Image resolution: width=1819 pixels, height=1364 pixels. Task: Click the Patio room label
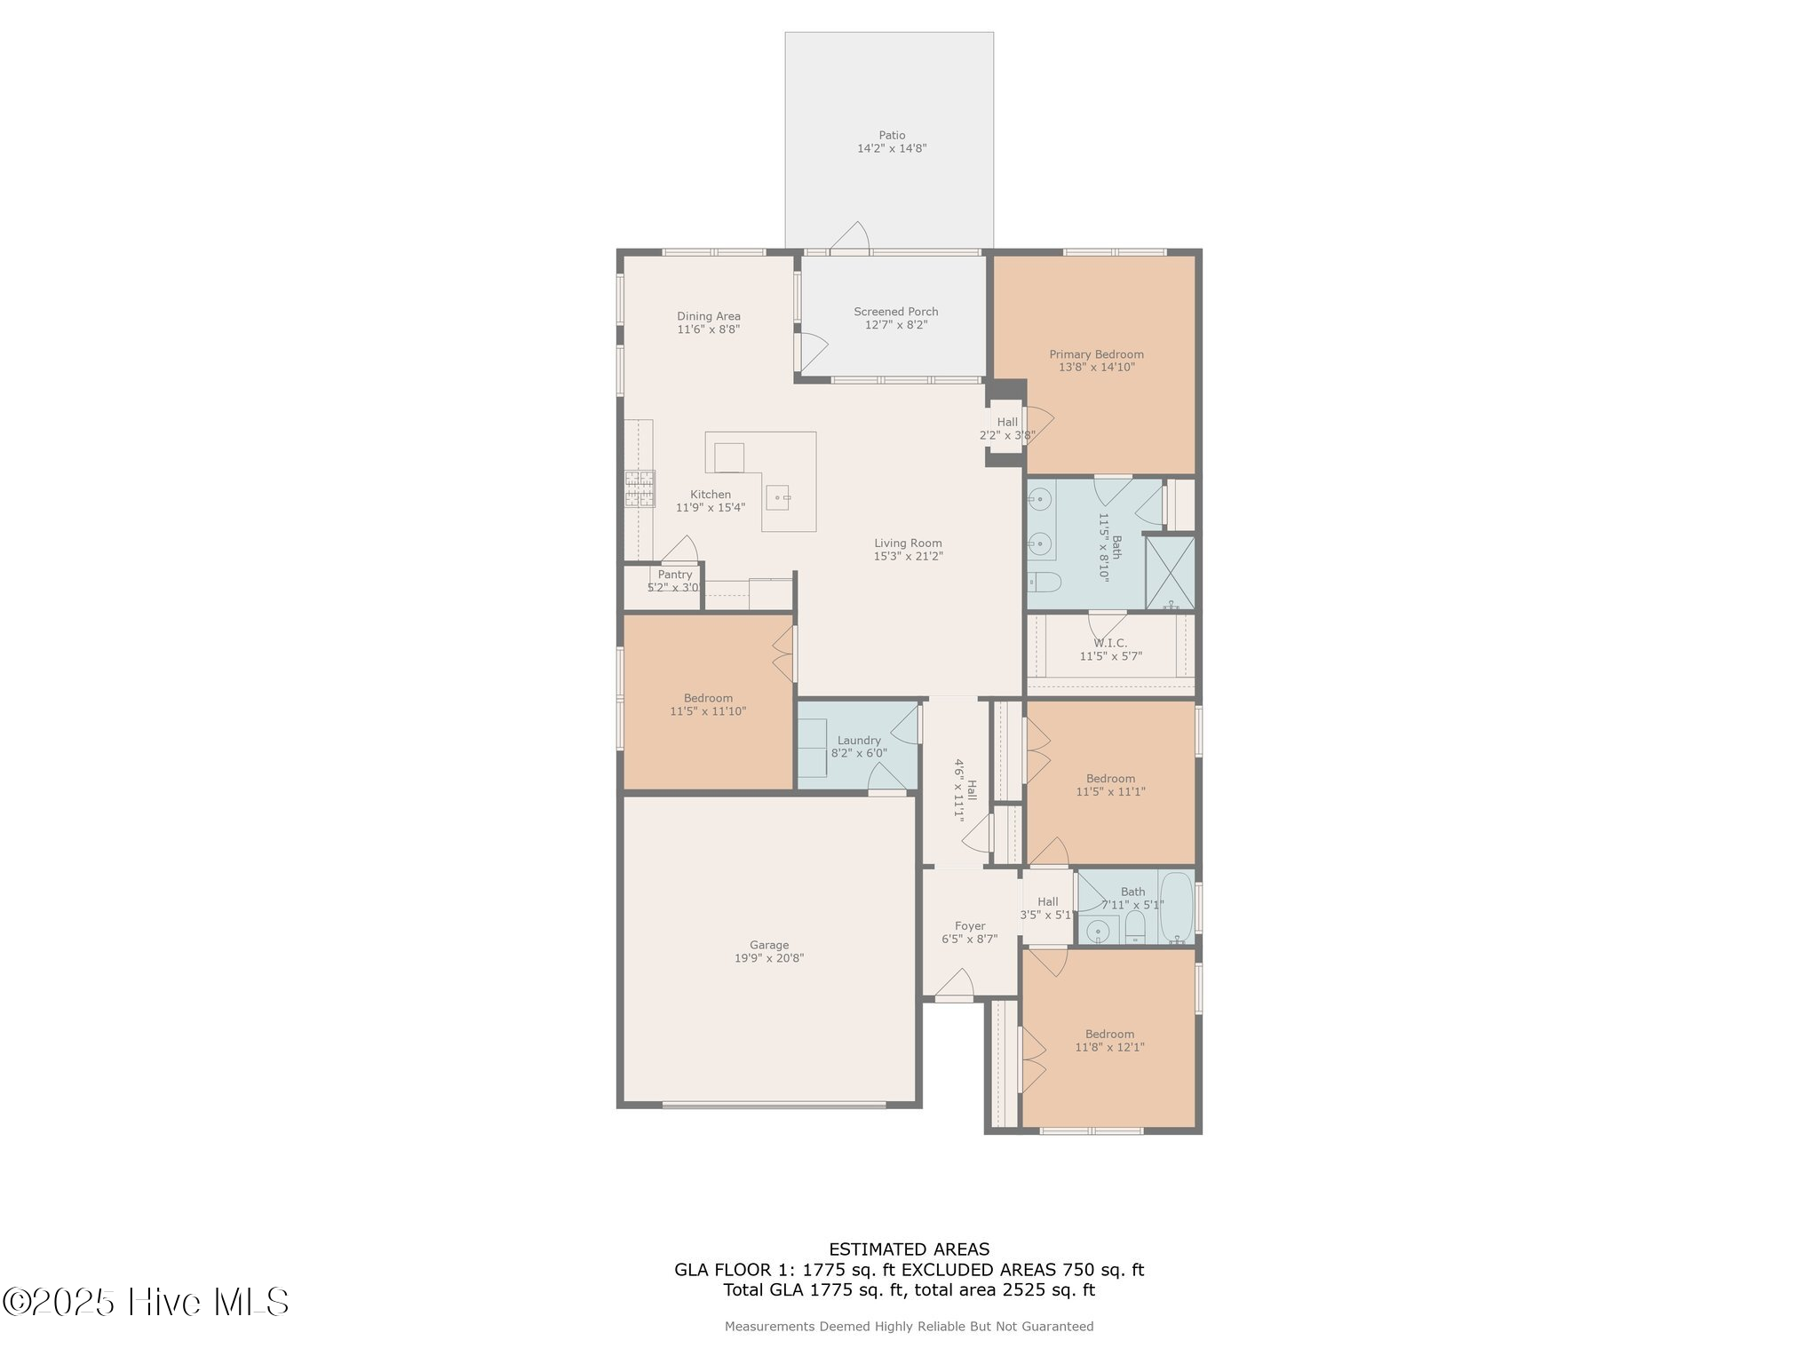click(x=892, y=136)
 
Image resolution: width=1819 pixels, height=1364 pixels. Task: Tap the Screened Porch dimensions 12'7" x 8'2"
click(x=895, y=325)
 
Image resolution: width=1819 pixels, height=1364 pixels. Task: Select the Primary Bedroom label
click(x=1096, y=354)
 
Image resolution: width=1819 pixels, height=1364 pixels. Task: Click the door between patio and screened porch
click(x=849, y=238)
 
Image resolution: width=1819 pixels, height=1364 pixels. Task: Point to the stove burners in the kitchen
click(x=639, y=488)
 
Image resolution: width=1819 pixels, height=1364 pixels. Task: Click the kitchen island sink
click(x=779, y=497)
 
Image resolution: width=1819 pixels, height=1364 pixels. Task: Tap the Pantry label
click(x=675, y=575)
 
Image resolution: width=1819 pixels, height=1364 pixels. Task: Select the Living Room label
click(x=908, y=543)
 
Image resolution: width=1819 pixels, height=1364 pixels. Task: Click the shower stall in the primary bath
click(x=1170, y=573)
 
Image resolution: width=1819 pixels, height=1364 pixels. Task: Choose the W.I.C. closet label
click(x=1110, y=643)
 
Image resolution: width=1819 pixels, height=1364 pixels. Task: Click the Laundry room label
click(x=859, y=741)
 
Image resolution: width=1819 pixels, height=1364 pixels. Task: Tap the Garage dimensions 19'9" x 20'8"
click(x=769, y=958)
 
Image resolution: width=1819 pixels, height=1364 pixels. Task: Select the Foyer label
click(x=970, y=926)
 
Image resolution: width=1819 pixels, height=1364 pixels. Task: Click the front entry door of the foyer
click(x=955, y=986)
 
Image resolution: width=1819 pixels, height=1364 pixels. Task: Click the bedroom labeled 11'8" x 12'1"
click(x=1109, y=1041)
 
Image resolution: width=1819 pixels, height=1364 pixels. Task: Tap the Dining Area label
click(x=708, y=316)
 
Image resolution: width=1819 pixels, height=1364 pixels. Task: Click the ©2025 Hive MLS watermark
click(x=146, y=1303)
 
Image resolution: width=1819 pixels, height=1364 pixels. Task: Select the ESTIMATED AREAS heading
click(x=909, y=1249)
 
